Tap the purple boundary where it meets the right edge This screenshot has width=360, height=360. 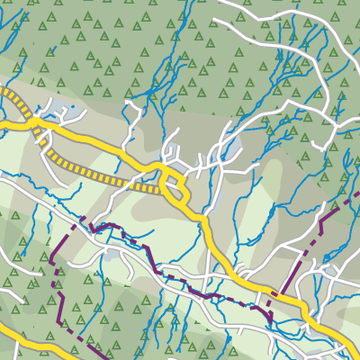click(x=357, y=194)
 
